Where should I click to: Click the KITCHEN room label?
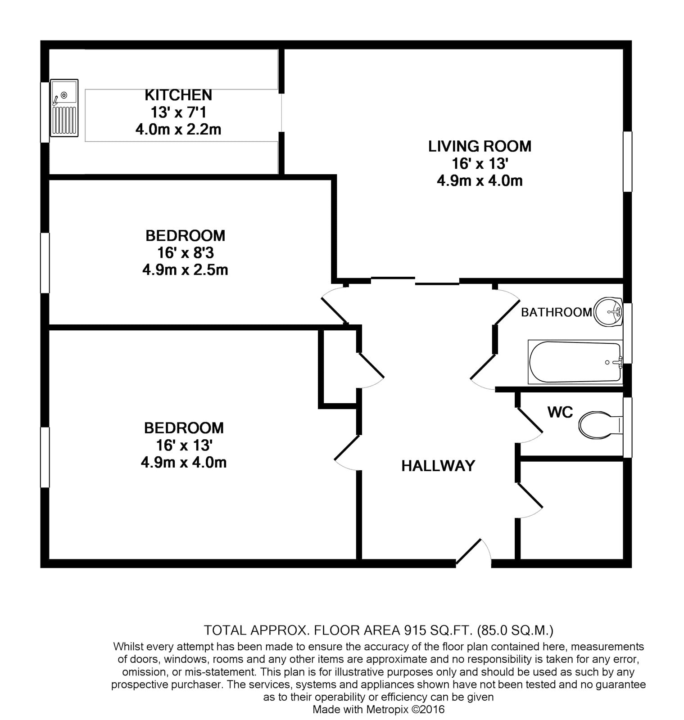click(x=178, y=95)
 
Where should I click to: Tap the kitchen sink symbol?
click(x=64, y=108)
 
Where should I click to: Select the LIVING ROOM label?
click(x=480, y=146)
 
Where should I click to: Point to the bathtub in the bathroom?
click(x=575, y=362)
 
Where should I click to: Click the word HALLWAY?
click(x=438, y=466)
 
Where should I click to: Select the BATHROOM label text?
click(x=557, y=312)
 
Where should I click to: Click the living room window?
click(x=627, y=162)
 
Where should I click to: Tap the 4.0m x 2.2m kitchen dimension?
click(x=178, y=130)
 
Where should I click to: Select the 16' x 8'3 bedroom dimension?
click(x=185, y=252)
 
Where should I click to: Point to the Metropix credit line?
click(x=379, y=710)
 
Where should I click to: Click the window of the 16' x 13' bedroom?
click(x=45, y=457)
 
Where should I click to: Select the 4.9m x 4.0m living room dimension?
click(x=480, y=181)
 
